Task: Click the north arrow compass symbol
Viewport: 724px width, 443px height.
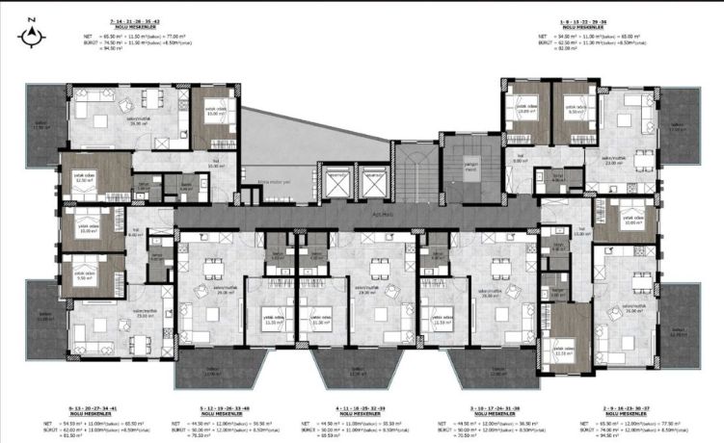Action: (33, 36)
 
